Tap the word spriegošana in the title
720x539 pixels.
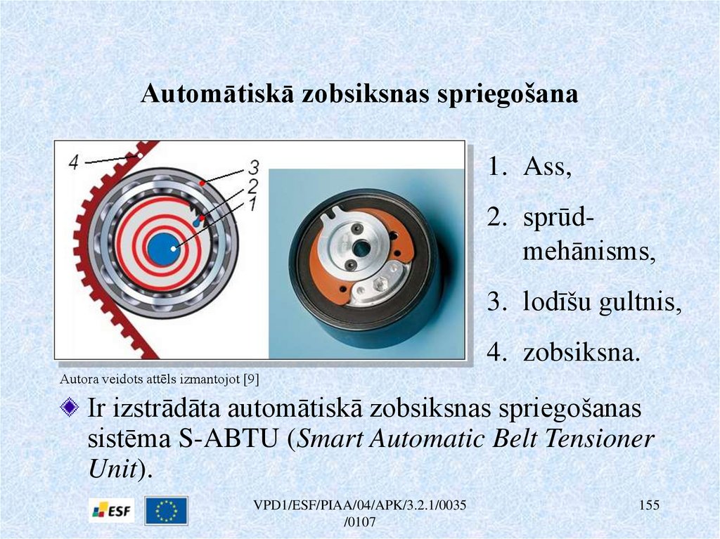tap(507, 95)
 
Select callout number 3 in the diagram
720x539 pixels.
tap(254, 167)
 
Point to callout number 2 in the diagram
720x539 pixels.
tap(252, 186)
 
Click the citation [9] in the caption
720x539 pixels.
tap(252, 379)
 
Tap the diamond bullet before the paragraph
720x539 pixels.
tap(69, 407)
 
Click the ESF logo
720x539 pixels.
tap(112, 510)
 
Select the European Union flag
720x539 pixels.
tap(166, 510)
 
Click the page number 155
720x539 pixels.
tap(649, 505)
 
